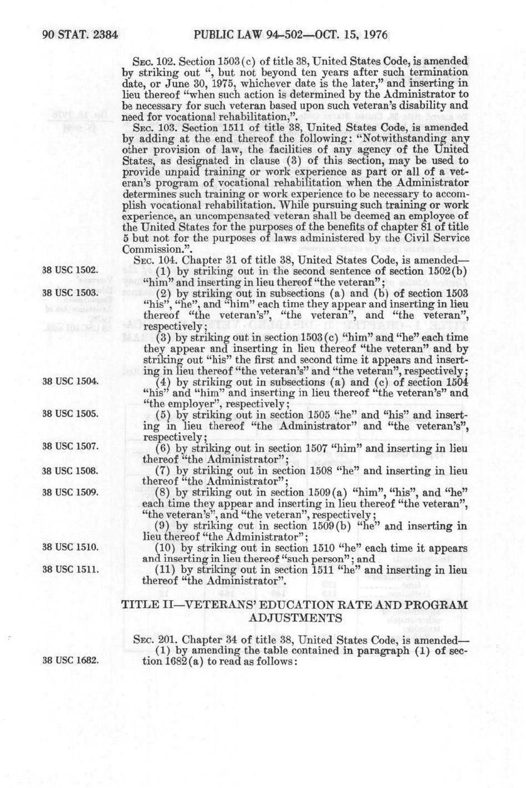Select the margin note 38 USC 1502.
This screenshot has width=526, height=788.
pos(70,270)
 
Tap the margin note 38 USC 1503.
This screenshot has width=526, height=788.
pos(70,293)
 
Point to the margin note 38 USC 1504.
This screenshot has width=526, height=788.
pos(70,381)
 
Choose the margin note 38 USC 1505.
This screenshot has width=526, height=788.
pos(70,414)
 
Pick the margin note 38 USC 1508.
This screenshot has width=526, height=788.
pos(70,470)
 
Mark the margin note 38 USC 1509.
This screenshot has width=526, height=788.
pos(70,492)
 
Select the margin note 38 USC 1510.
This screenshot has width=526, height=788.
pos(70,547)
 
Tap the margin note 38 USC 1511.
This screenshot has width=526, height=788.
pos(70,570)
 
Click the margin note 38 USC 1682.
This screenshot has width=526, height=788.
pos(70,661)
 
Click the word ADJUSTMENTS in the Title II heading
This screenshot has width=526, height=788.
pos(295,618)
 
